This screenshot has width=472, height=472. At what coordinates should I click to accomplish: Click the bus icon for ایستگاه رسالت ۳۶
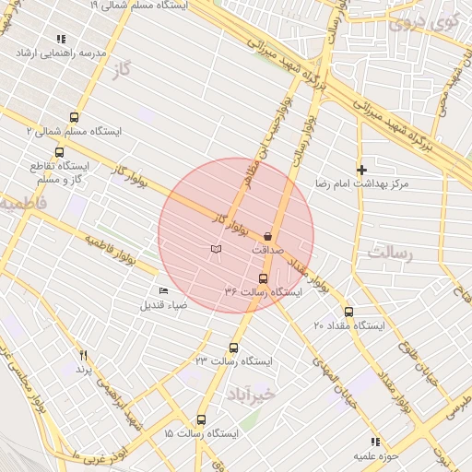point(263,278)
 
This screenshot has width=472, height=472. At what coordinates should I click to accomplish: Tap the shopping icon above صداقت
point(267,235)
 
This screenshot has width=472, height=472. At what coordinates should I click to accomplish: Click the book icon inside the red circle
point(216,249)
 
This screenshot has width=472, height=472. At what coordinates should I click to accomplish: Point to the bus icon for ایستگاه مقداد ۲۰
point(348,312)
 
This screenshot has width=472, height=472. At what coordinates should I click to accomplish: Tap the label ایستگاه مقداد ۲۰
point(345,326)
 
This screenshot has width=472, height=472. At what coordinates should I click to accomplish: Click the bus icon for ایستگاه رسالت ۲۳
point(233,348)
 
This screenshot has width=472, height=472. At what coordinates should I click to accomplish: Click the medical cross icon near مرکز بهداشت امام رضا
point(361,170)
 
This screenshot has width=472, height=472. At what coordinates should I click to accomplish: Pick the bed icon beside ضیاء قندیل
point(164,291)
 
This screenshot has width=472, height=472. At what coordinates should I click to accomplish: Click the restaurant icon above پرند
point(84,355)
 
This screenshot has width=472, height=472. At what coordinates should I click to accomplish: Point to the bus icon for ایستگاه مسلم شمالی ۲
point(74,117)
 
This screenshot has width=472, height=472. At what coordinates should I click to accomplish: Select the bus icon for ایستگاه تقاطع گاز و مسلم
point(60,153)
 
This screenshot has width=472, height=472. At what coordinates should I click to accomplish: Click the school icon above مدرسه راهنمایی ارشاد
point(61,39)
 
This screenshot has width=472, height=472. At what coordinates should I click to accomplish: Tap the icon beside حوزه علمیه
point(374,442)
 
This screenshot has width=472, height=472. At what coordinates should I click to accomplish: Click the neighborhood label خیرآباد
point(250,395)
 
